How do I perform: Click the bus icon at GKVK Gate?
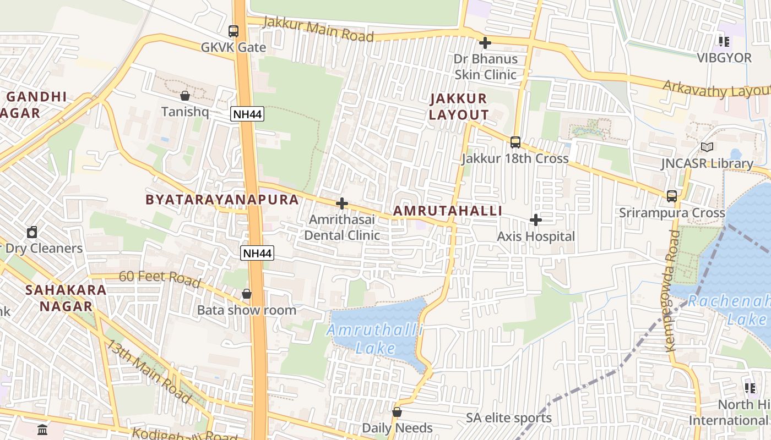click(x=234, y=31)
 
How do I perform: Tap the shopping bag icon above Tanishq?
click(x=185, y=96)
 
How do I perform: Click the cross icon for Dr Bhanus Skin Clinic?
click(x=485, y=42)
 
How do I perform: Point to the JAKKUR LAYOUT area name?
click(x=459, y=107)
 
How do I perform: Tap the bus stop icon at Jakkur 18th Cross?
click(x=515, y=142)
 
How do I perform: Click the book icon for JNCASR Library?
click(x=707, y=147)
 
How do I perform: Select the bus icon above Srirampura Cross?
click(x=672, y=196)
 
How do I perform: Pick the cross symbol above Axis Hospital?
click(x=535, y=221)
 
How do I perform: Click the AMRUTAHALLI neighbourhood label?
click(x=448, y=211)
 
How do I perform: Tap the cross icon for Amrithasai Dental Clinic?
click(x=342, y=204)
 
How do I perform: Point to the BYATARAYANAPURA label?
click(x=222, y=199)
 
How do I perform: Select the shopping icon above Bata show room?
click(x=247, y=294)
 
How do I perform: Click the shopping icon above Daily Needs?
click(x=397, y=412)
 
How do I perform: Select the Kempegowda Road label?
click(x=673, y=291)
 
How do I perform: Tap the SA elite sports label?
click(x=509, y=418)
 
